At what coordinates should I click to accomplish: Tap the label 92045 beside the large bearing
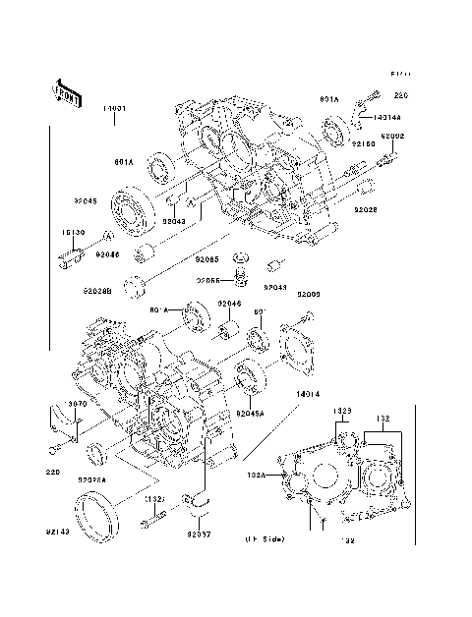84,201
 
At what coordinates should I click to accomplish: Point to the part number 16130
74,234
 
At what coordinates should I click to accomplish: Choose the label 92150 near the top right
365,144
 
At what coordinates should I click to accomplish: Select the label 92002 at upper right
392,137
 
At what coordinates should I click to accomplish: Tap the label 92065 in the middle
206,259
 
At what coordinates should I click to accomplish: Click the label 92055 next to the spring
206,280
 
